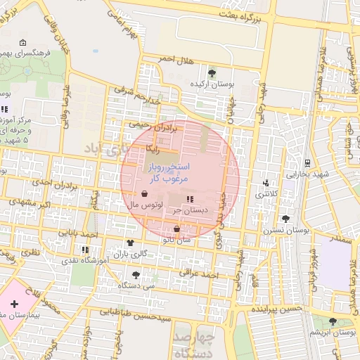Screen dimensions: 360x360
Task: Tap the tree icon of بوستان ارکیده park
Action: tap(212, 72)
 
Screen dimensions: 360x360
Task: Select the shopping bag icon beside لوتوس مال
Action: tap(144, 194)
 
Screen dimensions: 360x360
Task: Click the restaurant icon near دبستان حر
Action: tap(190, 199)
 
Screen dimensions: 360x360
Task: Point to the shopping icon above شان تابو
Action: tap(176, 229)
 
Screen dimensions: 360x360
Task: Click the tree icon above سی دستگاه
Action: tap(136, 275)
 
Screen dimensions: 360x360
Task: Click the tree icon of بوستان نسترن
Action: tap(285, 219)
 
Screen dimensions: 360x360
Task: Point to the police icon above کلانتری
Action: tap(265, 182)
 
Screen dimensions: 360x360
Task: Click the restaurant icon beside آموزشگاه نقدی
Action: tap(85, 249)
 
